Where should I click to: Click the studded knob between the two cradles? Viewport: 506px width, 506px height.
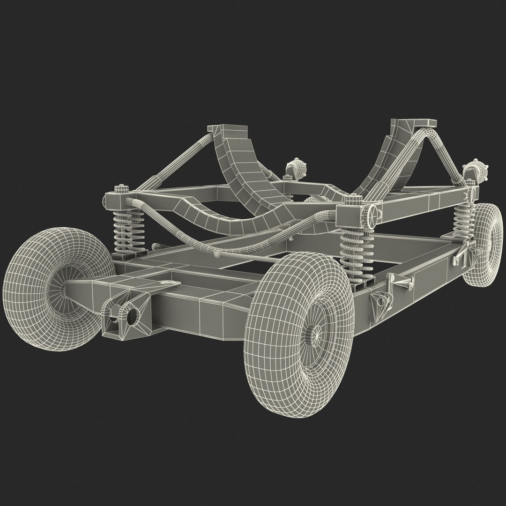pyautogui.click(x=294, y=168)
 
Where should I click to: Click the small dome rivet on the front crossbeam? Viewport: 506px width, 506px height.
pyautogui.click(x=164, y=283)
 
